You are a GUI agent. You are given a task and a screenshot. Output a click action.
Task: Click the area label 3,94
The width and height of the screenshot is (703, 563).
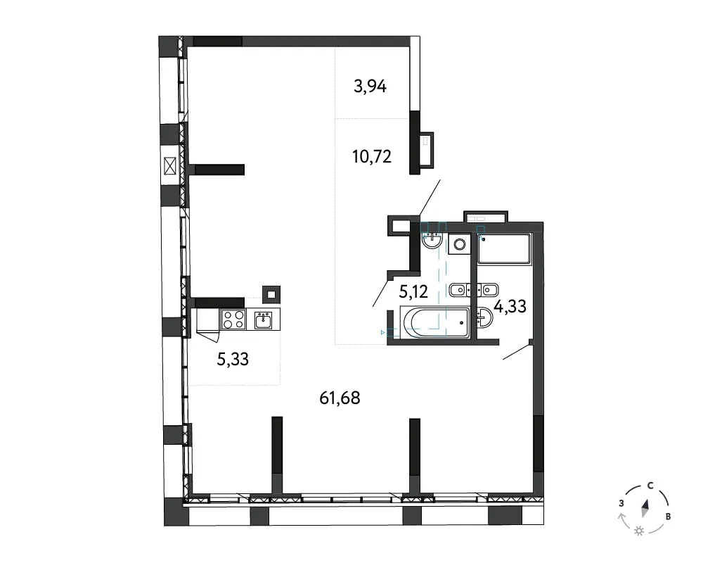pyautogui.click(x=370, y=86)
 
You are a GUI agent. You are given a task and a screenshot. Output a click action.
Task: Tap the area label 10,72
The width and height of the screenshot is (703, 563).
pyautogui.click(x=372, y=157)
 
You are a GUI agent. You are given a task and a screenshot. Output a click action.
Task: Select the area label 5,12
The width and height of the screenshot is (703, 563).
pyautogui.click(x=413, y=292)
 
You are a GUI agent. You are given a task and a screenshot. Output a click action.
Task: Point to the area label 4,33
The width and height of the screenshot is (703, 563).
pyautogui.click(x=510, y=307)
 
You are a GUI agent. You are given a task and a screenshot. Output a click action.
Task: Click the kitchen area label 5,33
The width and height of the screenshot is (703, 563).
pyautogui.click(x=233, y=359)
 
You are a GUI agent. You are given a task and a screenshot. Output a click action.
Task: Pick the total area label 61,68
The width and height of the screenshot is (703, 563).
pyautogui.click(x=340, y=398)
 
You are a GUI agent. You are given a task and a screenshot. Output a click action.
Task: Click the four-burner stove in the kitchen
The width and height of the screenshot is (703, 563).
pyautogui.click(x=233, y=320)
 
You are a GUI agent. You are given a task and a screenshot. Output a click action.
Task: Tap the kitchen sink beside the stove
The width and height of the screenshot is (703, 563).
pyautogui.click(x=263, y=320)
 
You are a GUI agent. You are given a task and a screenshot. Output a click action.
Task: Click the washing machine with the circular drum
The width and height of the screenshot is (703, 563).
pyautogui.click(x=459, y=244)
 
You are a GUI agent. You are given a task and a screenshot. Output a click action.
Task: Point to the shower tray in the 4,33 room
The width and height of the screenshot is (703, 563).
pyautogui.click(x=504, y=248)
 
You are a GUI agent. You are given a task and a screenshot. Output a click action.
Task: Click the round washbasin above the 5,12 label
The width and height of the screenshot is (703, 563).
pyautogui.click(x=432, y=239)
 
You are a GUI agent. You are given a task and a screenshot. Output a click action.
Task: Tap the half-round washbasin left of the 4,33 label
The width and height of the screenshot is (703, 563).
pyautogui.click(x=485, y=317)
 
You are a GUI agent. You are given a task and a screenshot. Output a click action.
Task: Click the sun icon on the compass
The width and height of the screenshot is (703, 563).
pyautogui.click(x=639, y=531)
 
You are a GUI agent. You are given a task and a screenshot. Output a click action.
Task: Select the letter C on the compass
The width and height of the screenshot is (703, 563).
pyautogui.click(x=650, y=486)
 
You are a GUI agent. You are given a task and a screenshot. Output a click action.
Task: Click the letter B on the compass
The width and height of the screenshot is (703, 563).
pyautogui.click(x=668, y=517)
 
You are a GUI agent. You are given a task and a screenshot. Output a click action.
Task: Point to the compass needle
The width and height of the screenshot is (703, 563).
pyautogui.click(x=645, y=508)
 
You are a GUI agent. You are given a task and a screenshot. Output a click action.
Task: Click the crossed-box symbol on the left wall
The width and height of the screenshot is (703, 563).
pyautogui.click(x=169, y=166)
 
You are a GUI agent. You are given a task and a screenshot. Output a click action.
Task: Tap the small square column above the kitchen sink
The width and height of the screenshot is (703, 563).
pyautogui.click(x=271, y=295)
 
